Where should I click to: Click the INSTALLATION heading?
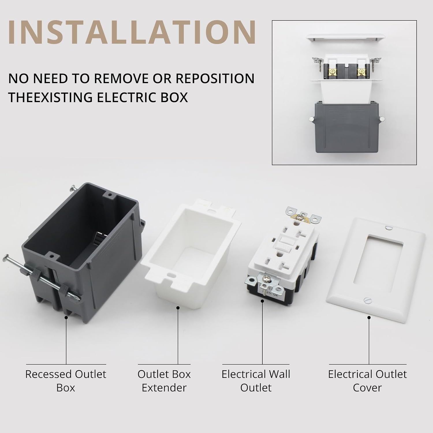coord(132,32)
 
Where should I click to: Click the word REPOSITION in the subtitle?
coord(215,79)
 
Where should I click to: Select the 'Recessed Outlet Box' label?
coord(66,380)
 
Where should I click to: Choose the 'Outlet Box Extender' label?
coord(164,380)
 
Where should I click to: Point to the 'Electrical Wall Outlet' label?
coord(256,380)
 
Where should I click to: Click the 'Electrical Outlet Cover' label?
coord(367,380)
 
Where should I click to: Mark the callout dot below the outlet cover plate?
coord(369,317)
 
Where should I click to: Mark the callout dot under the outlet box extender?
coord(178,308)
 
